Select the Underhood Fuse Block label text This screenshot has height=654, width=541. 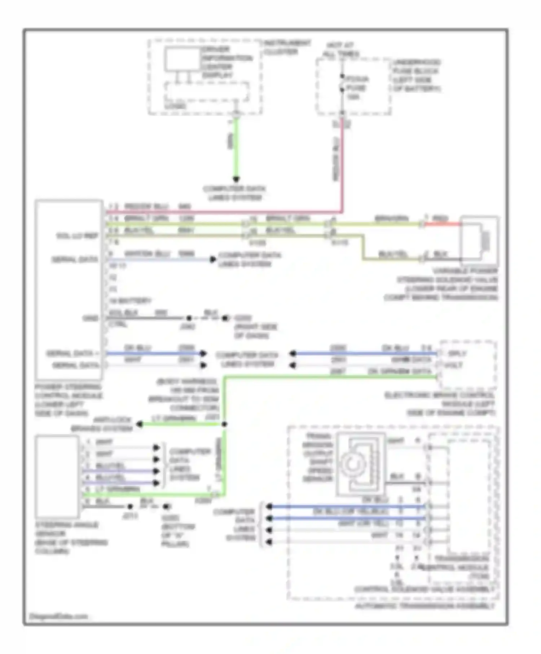[416, 75]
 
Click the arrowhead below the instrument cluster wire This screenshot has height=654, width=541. [236, 179]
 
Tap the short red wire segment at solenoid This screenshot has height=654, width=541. [441, 224]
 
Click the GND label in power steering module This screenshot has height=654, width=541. [90, 318]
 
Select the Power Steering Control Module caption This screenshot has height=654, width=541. [69, 400]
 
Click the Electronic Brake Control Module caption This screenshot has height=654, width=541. [440, 404]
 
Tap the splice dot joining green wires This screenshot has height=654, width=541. [224, 424]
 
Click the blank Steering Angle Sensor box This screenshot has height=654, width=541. [57, 476]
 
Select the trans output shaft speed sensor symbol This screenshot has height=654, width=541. [361, 464]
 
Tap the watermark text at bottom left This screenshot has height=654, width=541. [58, 616]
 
